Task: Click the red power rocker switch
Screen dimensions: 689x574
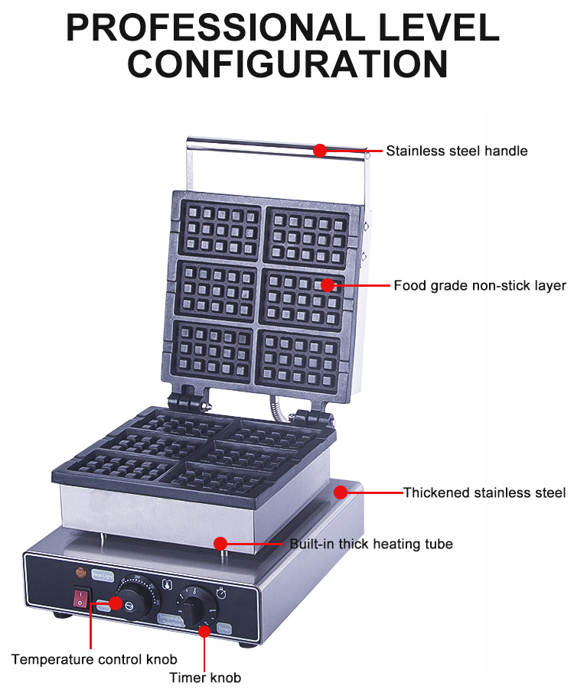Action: point(78,596)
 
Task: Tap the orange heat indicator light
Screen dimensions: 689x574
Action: point(79,571)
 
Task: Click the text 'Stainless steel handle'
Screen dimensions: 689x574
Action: point(457,151)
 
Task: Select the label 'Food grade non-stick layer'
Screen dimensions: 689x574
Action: point(480,286)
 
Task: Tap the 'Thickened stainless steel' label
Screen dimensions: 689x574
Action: point(484,492)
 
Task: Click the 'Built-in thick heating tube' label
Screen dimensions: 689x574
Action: point(371,544)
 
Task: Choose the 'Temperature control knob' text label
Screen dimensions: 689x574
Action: point(94,659)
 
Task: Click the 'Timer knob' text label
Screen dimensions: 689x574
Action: point(205,678)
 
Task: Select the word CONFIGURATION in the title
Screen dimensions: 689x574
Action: point(287,63)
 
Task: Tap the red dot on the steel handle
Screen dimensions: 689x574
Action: point(320,151)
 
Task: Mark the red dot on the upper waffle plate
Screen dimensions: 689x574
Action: point(328,285)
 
